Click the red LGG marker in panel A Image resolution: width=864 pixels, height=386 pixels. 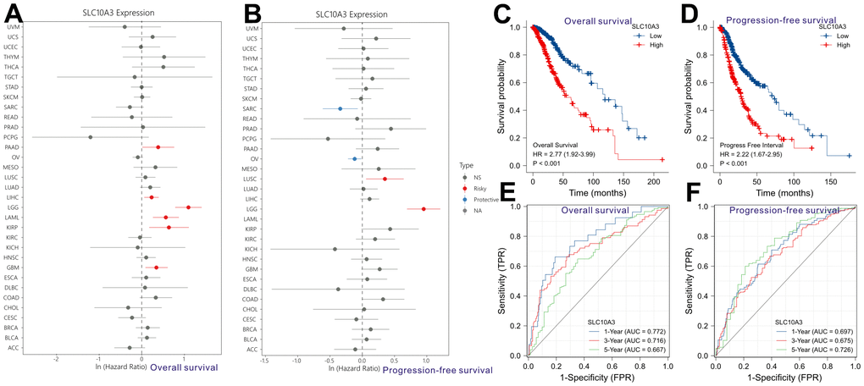188,207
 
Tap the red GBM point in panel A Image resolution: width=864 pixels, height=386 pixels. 156,267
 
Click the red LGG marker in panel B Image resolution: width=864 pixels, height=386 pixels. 424,208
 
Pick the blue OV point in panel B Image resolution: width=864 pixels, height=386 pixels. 355,158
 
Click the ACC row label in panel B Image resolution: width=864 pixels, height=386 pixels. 252,349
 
